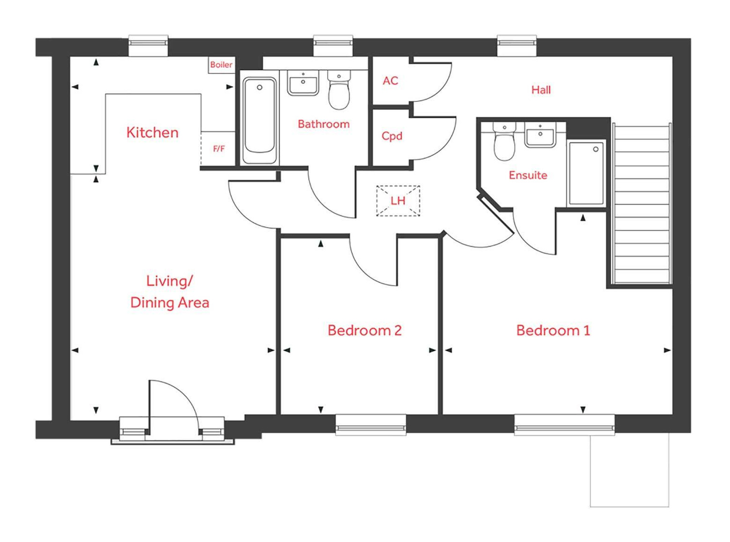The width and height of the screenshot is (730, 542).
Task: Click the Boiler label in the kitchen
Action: pos(221,65)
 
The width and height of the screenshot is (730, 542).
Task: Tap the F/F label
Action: pos(219,148)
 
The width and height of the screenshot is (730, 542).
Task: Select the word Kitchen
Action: pos(152,132)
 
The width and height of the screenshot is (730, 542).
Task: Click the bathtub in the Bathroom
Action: pos(260,118)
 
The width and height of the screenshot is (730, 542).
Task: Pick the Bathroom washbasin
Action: pos(303,83)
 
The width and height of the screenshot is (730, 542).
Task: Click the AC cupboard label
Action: pos(390,81)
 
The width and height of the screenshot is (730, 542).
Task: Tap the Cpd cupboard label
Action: pos(392,136)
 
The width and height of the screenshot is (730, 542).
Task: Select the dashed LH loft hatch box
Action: pos(398,200)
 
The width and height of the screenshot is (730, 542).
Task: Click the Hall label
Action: pos(541,90)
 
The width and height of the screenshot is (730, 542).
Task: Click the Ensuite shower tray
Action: pos(586,173)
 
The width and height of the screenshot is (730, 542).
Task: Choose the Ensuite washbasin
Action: pos(540,135)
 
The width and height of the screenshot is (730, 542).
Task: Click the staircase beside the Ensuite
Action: pos(642,204)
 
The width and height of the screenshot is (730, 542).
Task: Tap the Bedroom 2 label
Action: pos(365,330)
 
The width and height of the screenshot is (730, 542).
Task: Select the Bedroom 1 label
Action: pos(553,330)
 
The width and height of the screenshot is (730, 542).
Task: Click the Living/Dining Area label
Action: pos(169,292)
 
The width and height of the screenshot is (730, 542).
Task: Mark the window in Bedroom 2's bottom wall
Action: pos(371,425)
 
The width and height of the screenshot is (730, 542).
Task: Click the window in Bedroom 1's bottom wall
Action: pos(564,425)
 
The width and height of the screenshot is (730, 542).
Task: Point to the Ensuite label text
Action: pos(528,175)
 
